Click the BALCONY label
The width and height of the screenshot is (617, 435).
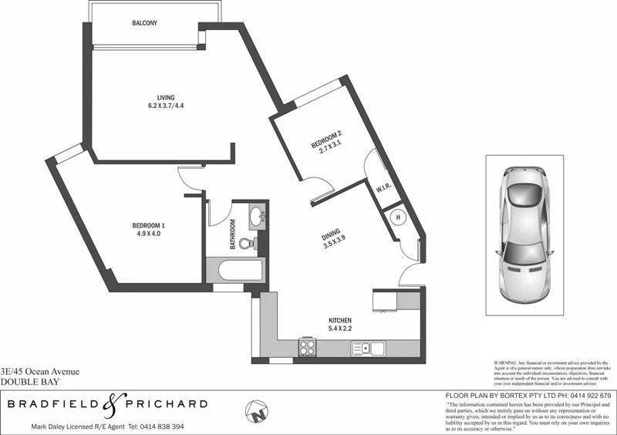(144, 24)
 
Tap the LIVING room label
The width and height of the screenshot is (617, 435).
(166, 97)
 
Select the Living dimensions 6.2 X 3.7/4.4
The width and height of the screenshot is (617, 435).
(166, 106)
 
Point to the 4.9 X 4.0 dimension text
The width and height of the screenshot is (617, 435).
(149, 234)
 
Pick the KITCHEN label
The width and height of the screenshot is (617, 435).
(340, 320)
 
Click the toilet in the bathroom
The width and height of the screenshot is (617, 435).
(247, 243)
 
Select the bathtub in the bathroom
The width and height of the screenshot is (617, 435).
(235, 271)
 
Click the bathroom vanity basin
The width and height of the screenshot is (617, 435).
(258, 217)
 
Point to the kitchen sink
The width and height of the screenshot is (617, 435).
(369, 349)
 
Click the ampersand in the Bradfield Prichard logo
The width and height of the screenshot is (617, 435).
(109, 403)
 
